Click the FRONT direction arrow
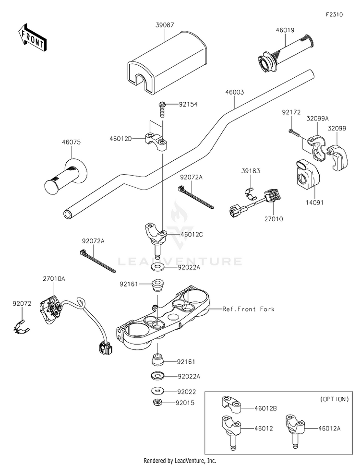coord(33,37)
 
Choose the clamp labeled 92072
coord(20,327)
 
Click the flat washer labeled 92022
coord(156,391)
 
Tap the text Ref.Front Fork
coord(248,310)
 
